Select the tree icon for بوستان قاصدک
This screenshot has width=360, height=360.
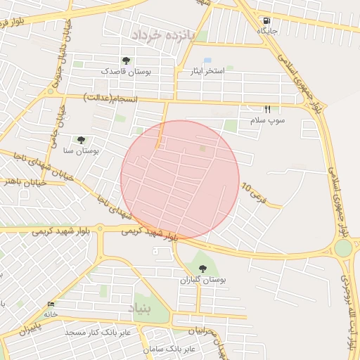(x=126, y=61)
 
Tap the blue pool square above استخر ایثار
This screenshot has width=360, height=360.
(x=207, y=61)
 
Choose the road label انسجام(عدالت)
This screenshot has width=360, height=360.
(x=108, y=96)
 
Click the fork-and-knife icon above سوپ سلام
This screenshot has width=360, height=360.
(x=267, y=110)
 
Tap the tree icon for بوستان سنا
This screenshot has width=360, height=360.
(x=82, y=141)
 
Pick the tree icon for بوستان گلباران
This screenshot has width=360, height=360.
(x=202, y=269)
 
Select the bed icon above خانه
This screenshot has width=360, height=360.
(x=51, y=304)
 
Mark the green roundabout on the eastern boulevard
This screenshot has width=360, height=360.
(x=343, y=248)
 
